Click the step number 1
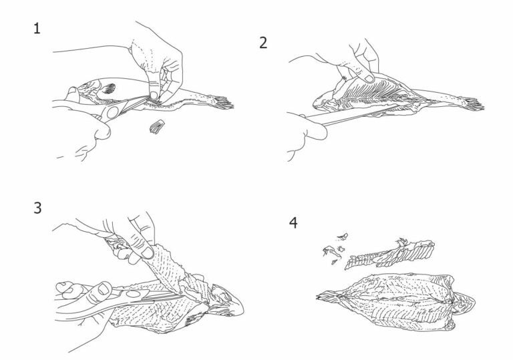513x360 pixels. click(37, 29)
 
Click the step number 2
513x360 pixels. click(263, 43)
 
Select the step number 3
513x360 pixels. click(37, 208)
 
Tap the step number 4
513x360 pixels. click(293, 222)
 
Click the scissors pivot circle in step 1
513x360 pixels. click(112, 112)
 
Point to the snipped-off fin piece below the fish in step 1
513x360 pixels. click(157, 127)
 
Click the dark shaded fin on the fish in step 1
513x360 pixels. click(110, 88)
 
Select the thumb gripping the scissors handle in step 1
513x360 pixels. click(99, 131)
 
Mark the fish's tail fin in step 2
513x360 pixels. click(472, 104)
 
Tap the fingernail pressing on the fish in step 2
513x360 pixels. click(369, 79)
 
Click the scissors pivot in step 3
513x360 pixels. click(133, 294)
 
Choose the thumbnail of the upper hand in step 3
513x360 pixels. click(147, 252)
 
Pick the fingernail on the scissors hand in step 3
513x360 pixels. click(104, 289)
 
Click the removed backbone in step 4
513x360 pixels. click(389, 254)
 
